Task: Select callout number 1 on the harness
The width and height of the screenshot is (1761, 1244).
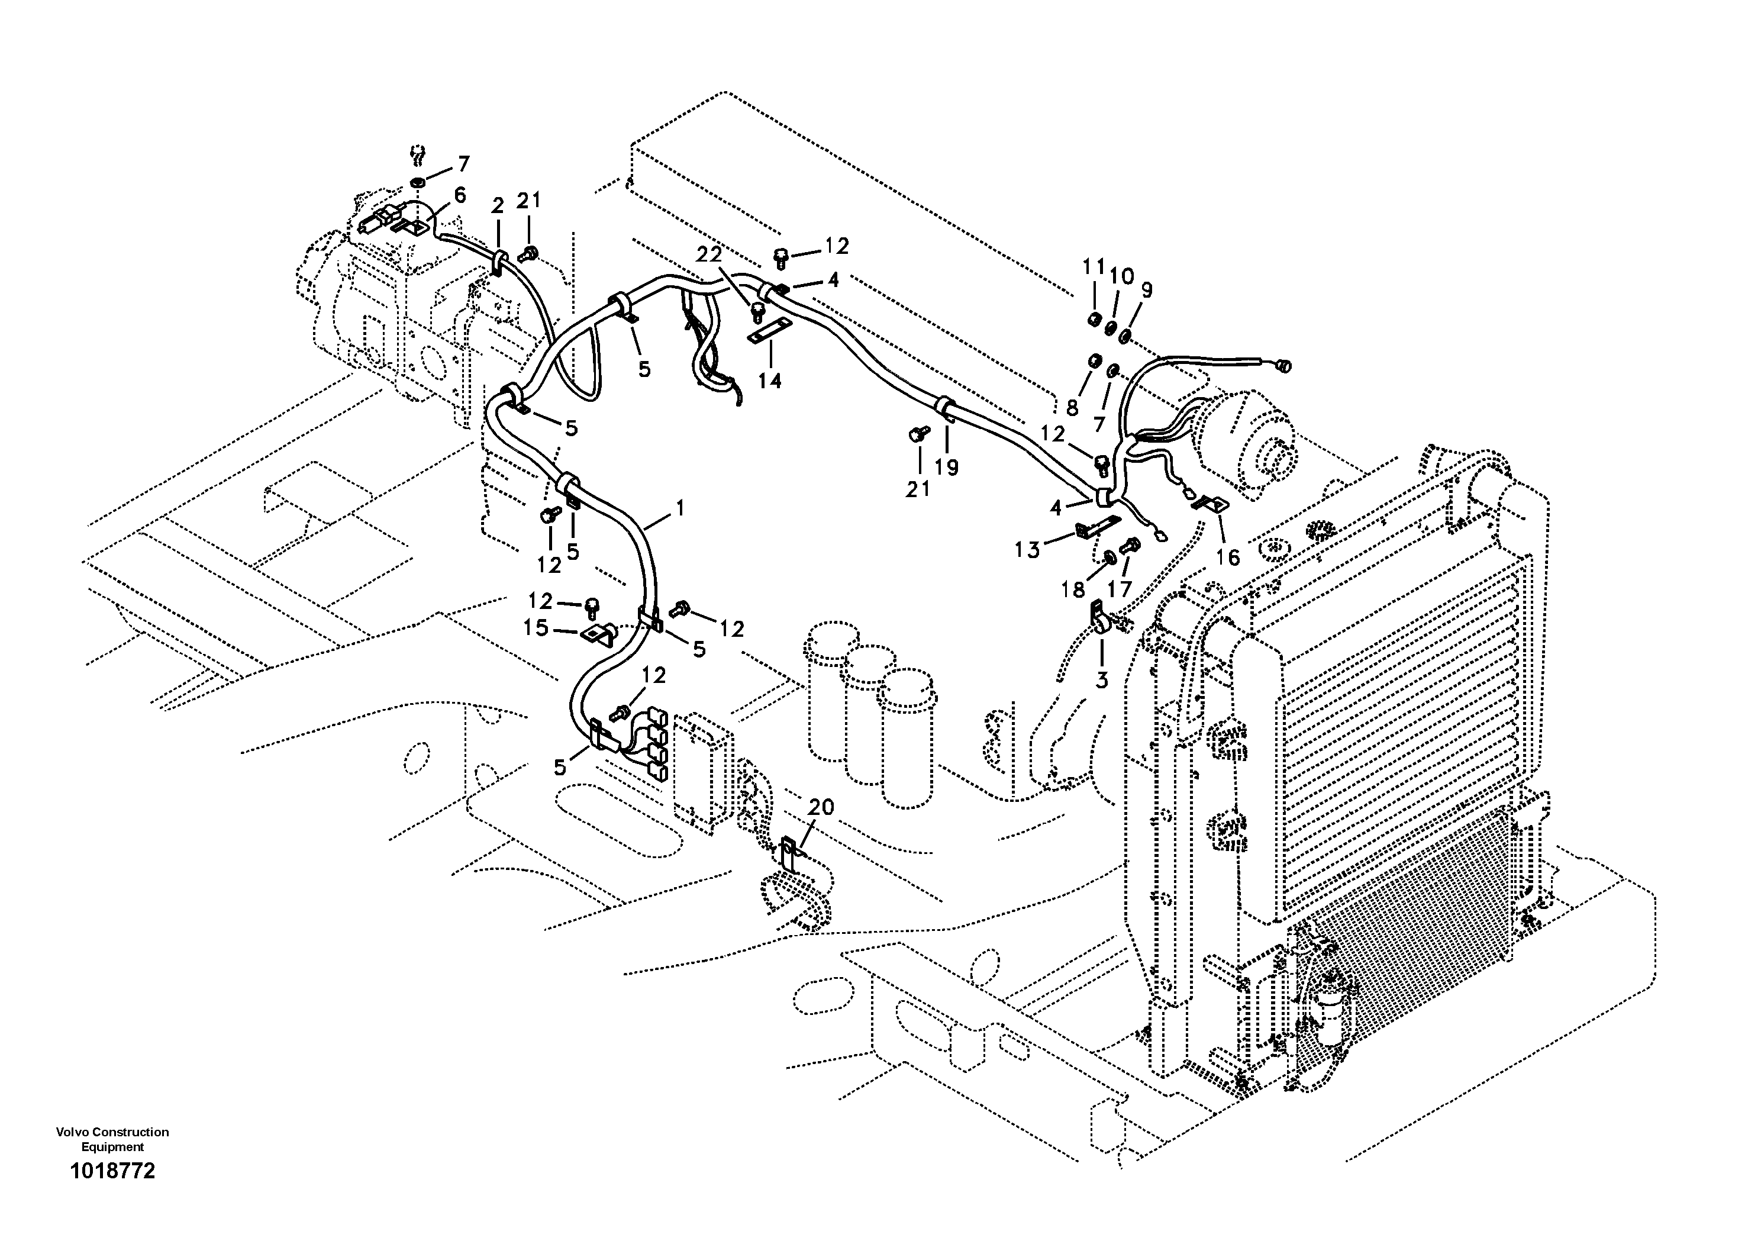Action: click(679, 508)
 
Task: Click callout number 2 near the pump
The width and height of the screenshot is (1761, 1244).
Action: click(498, 205)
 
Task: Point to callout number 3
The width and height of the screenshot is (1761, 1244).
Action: click(1101, 680)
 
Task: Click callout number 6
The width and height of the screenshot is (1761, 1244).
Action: click(459, 195)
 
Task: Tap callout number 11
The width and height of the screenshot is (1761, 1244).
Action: click(1094, 268)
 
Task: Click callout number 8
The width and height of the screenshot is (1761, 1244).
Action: click(1072, 407)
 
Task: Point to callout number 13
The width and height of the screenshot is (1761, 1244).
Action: click(1027, 549)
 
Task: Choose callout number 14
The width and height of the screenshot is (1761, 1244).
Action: click(770, 381)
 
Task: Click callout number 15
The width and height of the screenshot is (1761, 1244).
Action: click(536, 628)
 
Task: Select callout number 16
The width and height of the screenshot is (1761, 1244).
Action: click(1228, 557)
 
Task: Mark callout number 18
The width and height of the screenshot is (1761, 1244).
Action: click(1073, 589)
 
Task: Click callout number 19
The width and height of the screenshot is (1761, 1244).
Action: click(947, 466)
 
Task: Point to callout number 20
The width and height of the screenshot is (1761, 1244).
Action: click(821, 807)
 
